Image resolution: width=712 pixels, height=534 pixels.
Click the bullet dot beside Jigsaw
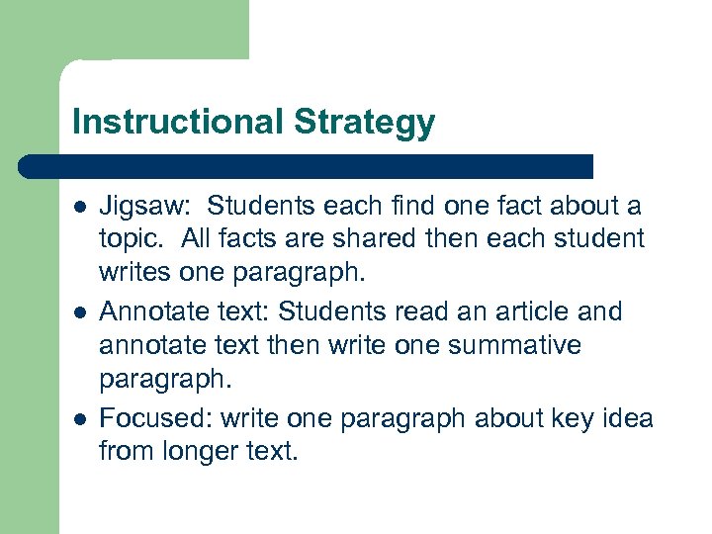(x=79, y=208)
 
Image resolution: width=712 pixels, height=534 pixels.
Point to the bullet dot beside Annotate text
(x=79, y=312)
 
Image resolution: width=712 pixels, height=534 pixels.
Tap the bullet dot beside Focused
(x=79, y=418)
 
